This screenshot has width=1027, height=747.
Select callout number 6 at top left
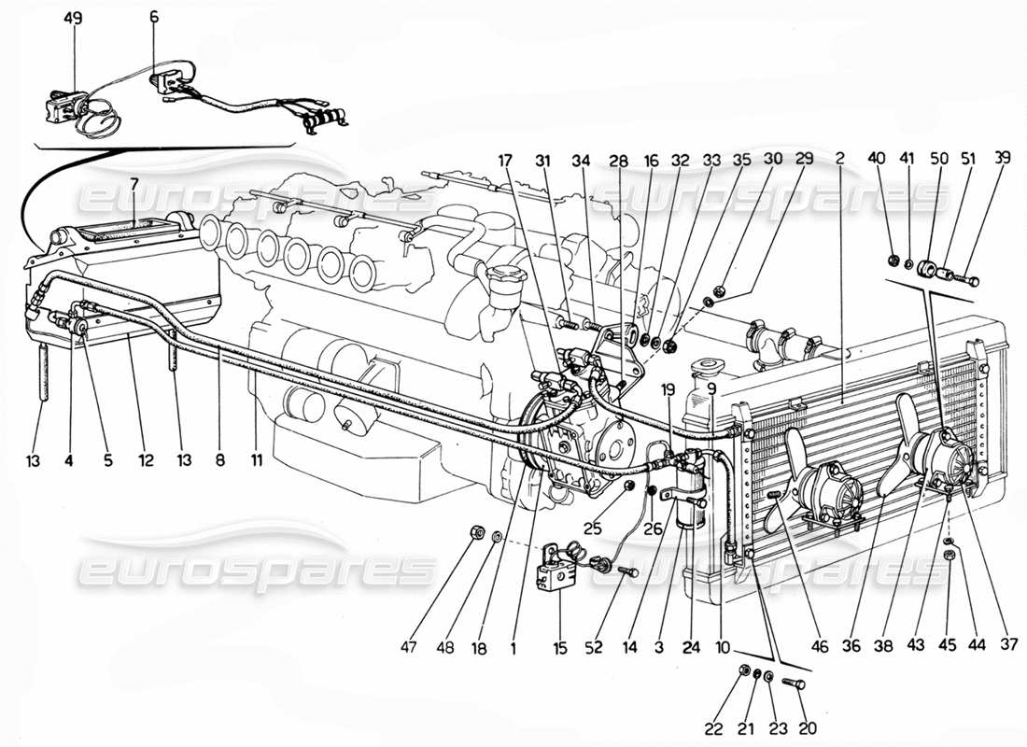coord(154,19)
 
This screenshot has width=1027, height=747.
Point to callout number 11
coord(256,459)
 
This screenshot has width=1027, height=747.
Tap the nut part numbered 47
coord(474,534)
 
